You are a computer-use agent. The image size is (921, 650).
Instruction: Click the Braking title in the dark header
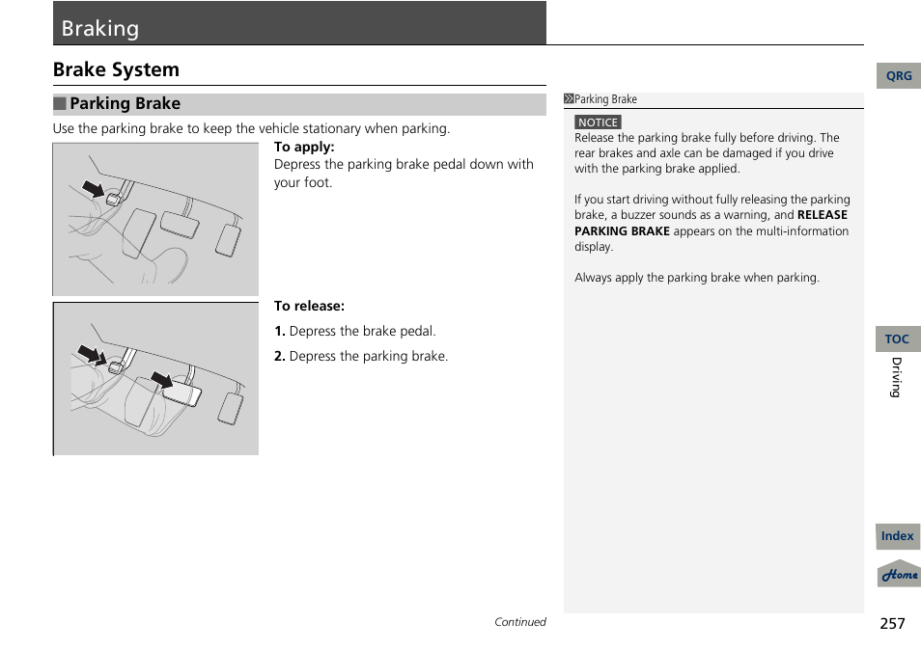100,28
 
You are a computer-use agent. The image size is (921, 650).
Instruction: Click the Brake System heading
116,69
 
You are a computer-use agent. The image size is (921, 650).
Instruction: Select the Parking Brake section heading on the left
125,103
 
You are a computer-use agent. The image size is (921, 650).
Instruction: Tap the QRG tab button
898,76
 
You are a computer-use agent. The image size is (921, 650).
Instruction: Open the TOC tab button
897,339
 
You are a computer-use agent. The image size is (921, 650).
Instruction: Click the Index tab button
897,536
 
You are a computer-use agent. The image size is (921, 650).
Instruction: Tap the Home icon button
899,574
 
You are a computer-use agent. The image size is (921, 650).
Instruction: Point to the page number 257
892,623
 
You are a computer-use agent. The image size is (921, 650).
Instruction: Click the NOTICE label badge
598,122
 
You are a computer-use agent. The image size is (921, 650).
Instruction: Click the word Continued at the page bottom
519,622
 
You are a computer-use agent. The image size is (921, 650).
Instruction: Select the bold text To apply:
304,147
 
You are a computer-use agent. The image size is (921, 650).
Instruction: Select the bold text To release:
309,306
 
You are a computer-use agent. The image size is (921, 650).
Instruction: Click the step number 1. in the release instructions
279,331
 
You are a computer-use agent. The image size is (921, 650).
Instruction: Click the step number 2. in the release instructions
279,356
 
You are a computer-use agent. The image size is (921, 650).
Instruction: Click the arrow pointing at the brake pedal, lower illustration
161,380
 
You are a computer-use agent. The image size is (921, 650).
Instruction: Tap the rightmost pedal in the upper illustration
229,240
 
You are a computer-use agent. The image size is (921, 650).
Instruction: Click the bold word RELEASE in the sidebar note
822,215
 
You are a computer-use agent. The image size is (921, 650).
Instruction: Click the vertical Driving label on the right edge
896,377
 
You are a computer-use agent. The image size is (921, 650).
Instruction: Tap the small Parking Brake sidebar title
605,99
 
